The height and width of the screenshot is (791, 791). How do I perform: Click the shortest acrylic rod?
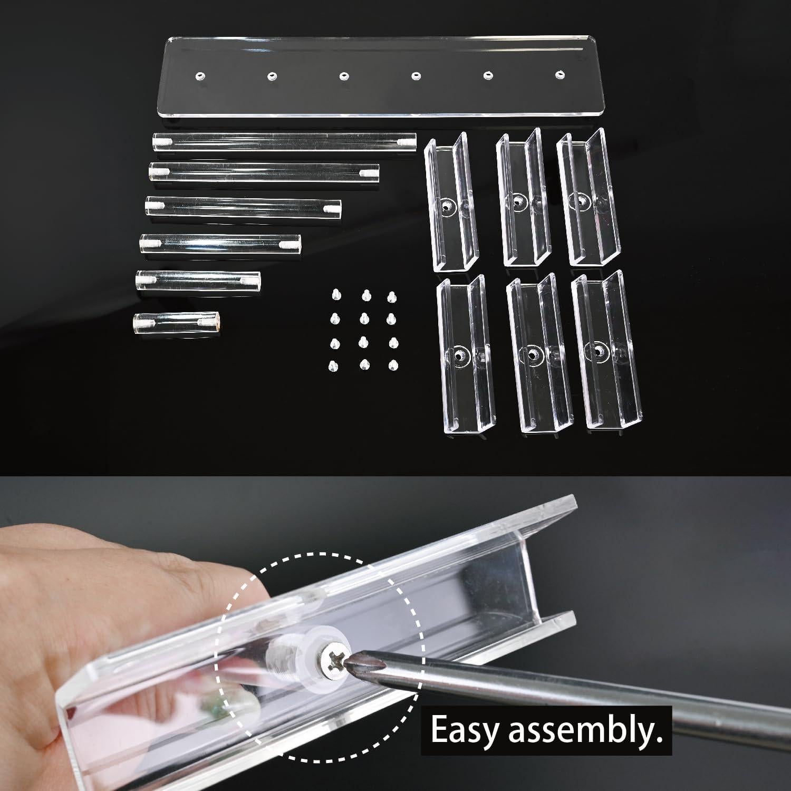coord(177,322)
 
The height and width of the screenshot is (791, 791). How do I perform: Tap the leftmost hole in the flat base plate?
coord(199,76)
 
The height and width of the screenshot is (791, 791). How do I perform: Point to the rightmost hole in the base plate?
coord(559,75)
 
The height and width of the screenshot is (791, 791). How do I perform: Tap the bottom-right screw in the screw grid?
coord(393,365)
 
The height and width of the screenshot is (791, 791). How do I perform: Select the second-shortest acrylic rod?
coord(198,279)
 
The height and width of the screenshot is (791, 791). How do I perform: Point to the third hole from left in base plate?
coord(344,75)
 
